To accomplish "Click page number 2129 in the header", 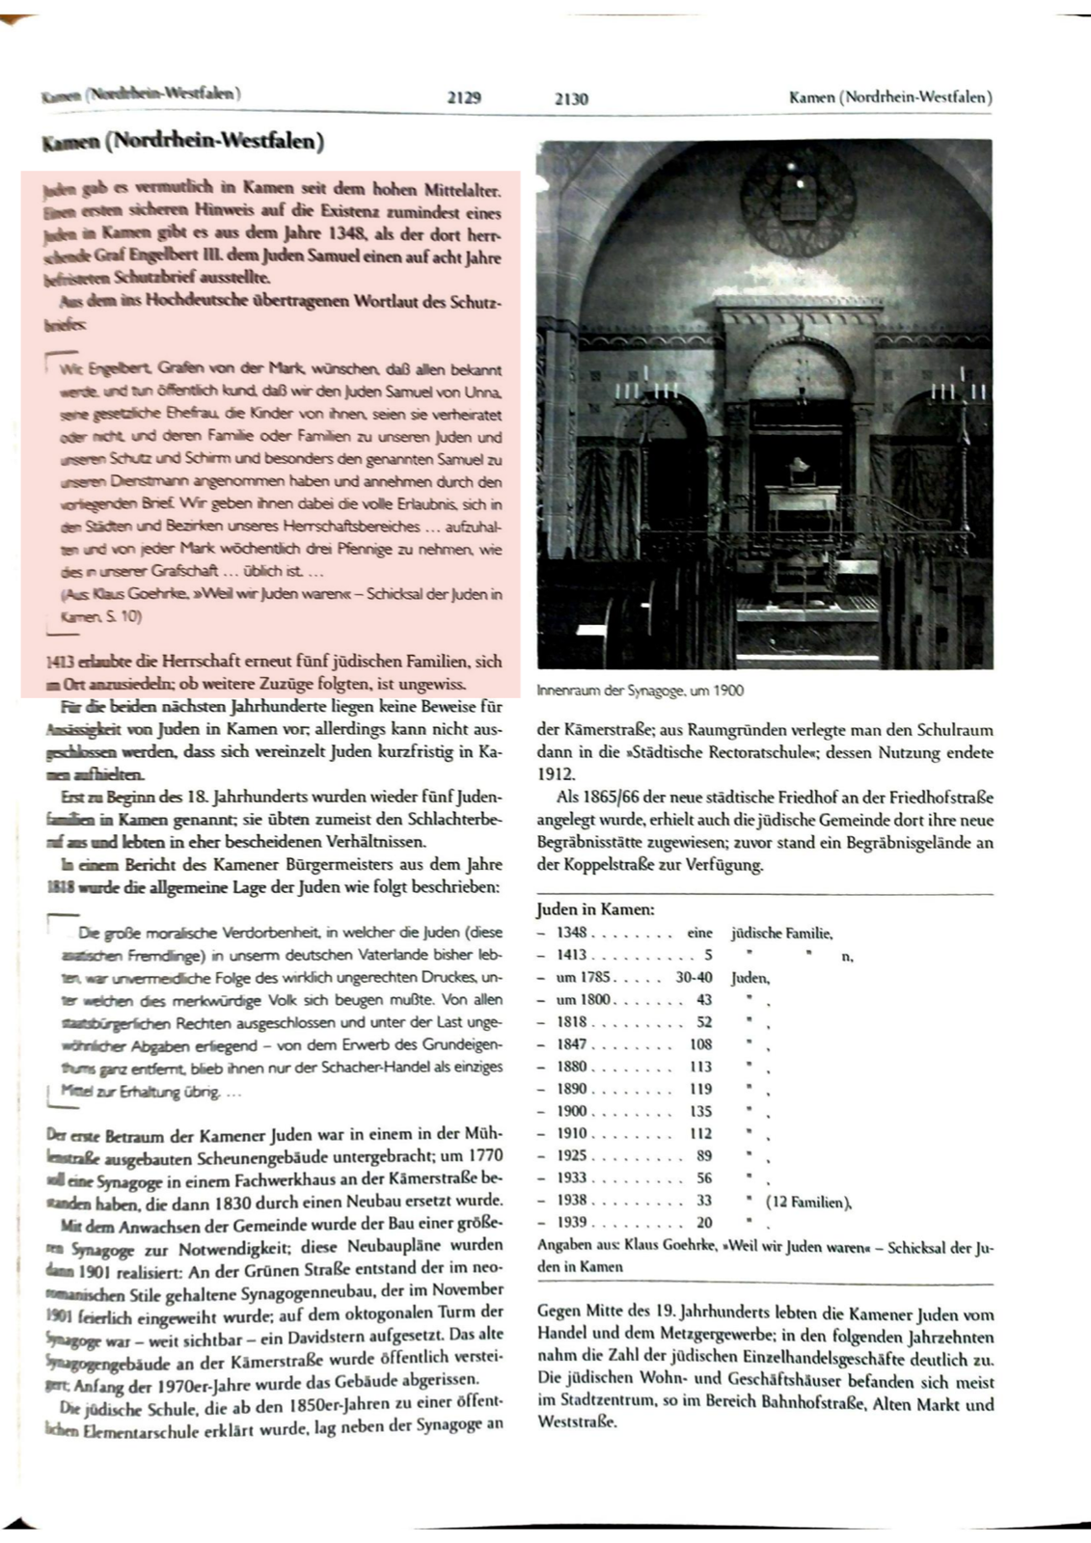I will [465, 97].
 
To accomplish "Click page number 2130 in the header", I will [571, 98].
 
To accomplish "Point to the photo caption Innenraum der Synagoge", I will [641, 690].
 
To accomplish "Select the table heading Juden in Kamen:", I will [596, 909].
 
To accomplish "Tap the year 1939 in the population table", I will [571, 1223].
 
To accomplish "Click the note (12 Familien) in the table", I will [809, 1201].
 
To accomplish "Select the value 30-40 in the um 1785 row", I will [694, 977].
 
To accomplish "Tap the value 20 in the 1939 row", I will [704, 1223].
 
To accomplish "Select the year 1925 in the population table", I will [571, 1155].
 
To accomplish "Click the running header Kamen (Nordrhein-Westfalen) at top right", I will [889, 97].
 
